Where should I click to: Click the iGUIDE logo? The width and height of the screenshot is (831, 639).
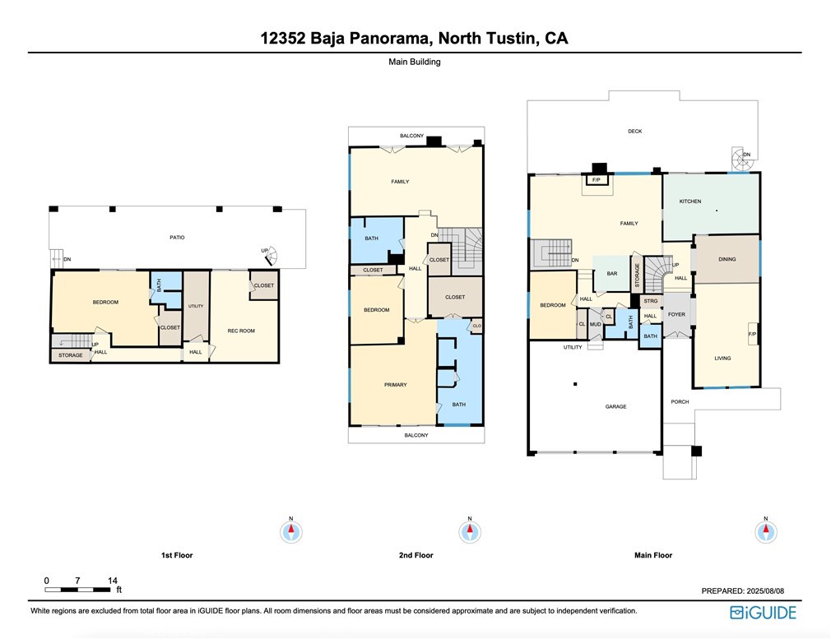coord(763,613)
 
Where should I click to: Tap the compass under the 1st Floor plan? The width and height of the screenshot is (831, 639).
coord(291,531)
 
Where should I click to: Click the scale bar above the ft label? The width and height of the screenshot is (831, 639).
coord(77,589)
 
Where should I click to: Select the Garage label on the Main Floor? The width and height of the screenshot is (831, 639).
coord(615,406)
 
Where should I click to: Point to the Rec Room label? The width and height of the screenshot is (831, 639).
coord(241,331)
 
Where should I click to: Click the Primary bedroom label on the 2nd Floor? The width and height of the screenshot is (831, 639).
coord(396,385)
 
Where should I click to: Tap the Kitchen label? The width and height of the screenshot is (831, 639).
coord(690,201)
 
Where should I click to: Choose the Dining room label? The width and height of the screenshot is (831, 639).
coord(727,259)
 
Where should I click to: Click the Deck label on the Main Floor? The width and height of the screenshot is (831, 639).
coord(635,131)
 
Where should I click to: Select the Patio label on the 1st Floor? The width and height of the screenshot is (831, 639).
coord(177,238)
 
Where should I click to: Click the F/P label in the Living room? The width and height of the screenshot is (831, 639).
coord(752,335)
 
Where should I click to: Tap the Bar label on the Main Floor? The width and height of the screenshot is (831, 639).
coord(612,273)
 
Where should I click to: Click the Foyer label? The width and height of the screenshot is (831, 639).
coord(676,314)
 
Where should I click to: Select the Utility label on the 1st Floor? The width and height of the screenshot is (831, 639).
coord(196,306)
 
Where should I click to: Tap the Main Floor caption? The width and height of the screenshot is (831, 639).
coord(653,555)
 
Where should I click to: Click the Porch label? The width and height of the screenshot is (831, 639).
coord(680,401)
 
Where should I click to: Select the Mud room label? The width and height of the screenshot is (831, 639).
coord(595,324)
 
